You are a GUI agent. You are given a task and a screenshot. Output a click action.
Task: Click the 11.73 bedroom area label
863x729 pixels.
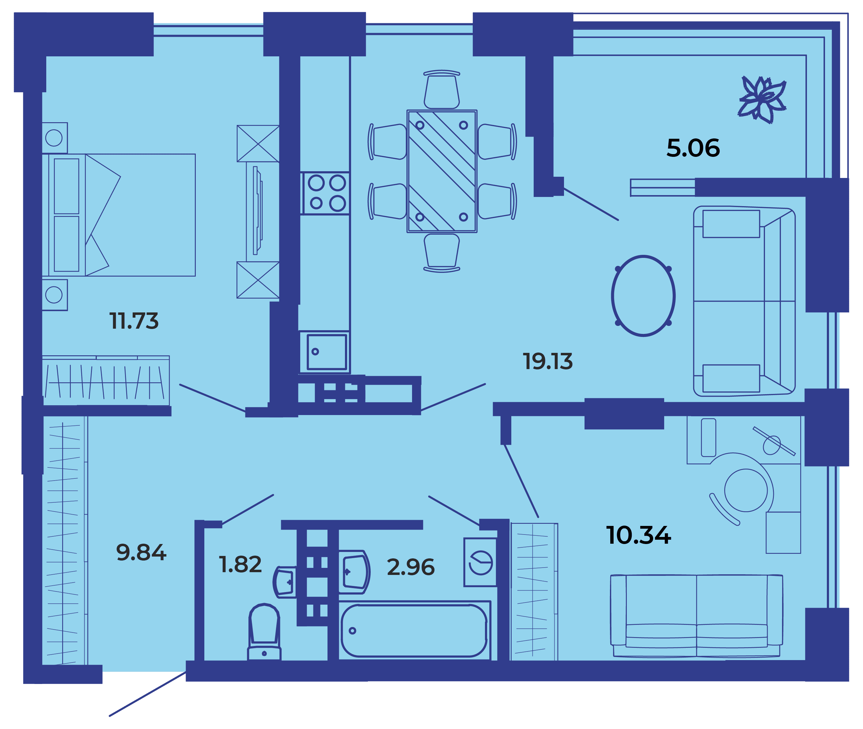click(134, 321)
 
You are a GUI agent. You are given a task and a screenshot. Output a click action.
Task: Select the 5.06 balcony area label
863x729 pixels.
click(693, 148)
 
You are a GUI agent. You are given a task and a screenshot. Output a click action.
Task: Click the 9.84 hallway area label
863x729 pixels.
click(141, 553)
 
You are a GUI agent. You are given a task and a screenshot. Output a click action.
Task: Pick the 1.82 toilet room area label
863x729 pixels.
click(240, 565)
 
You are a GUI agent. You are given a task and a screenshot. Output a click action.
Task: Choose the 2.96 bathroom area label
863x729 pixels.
click(411, 567)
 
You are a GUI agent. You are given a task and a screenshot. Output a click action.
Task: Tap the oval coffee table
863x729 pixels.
click(643, 296)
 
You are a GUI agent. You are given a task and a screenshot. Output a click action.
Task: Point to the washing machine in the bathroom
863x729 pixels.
click(480, 562)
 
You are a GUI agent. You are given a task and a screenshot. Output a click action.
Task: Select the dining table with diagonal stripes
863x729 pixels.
click(442, 171)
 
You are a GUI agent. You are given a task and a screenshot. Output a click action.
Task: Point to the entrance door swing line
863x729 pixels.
click(148, 694)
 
